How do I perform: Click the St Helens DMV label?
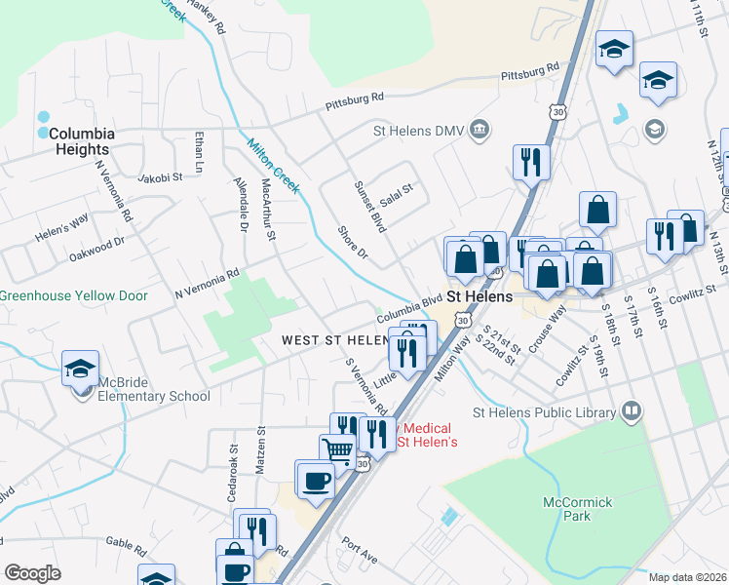tap(420, 130)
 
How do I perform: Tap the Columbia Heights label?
tap(82, 141)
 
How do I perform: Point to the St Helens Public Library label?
tap(544, 412)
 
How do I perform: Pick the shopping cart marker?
tap(337, 450)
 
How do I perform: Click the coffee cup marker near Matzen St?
tap(315, 479)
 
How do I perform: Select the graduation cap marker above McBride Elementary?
tap(80, 368)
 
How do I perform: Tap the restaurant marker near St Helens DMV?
tap(531, 161)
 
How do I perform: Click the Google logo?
tap(32, 573)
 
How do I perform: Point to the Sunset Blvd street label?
tap(370, 206)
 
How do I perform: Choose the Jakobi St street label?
tap(160, 177)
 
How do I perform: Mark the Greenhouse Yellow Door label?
tap(74, 295)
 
